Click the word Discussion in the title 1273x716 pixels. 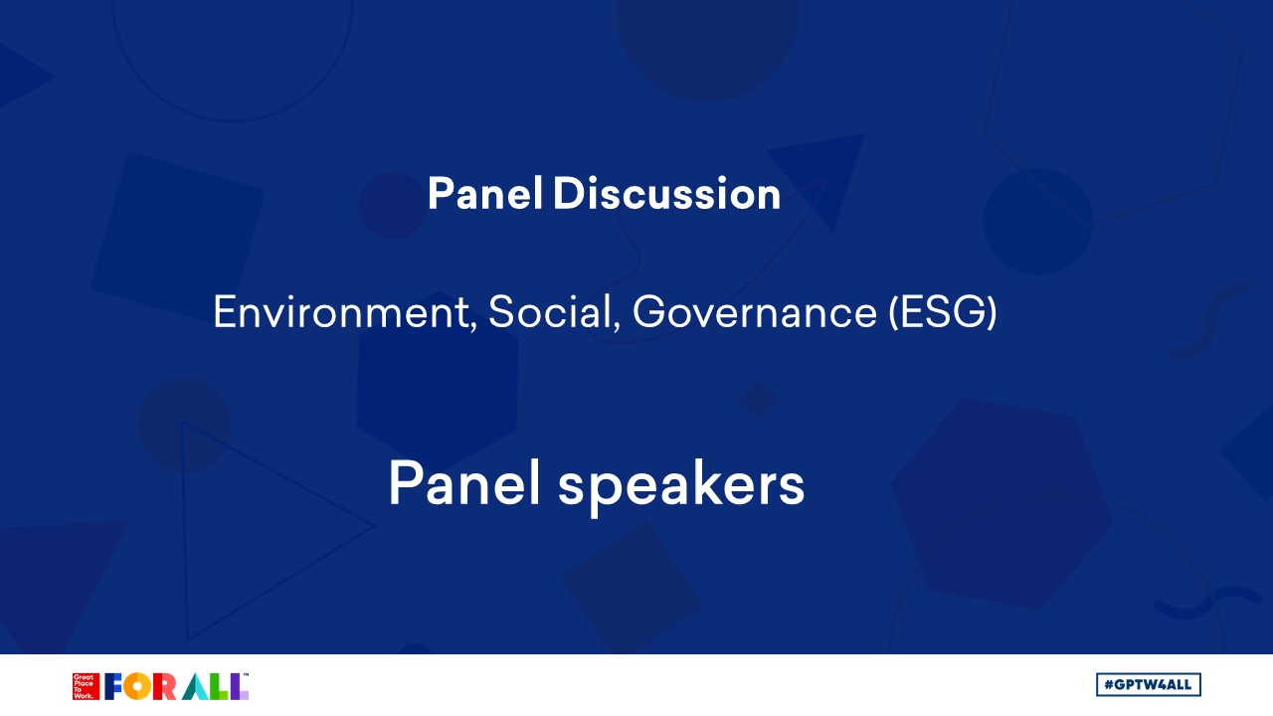pos(666,193)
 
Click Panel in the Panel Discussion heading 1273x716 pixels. pos(484,193)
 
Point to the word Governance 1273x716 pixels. pos(755,312)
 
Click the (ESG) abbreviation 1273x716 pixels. pos(943,312)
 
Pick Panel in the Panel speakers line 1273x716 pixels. pos(463,483)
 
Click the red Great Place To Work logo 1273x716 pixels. pos(86,686)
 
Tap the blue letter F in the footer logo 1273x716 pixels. pos(113,686)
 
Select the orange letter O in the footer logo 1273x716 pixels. pos(137,686)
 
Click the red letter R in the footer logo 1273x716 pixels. pos(164,686)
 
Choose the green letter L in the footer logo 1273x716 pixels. pos(221,686)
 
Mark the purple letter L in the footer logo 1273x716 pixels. pos(240,686)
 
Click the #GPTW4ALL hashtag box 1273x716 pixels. pos(1148,685)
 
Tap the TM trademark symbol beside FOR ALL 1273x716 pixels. pos(246,675)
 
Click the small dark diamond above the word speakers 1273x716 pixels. pos(758,399)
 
